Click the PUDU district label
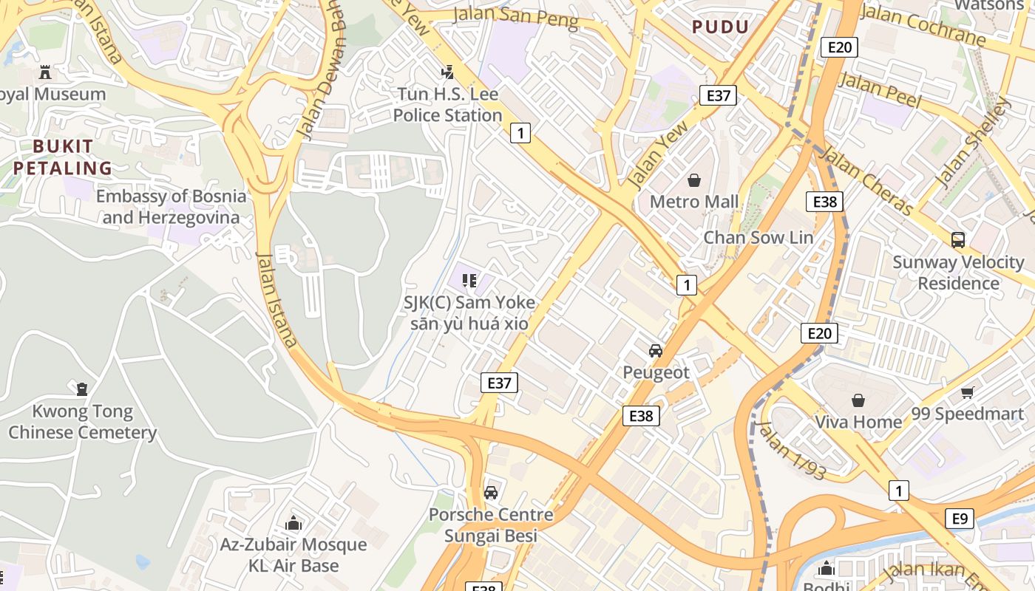pos(720,27)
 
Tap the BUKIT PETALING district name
pos(63,157)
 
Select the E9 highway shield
pos(959,519)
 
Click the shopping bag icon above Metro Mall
pos(694,180)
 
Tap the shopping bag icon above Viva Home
pos(858,400)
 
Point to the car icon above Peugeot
pos(655,351)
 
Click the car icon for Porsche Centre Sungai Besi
pos(491,493)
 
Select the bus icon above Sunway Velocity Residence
pos(958,240)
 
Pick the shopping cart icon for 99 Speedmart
pos(967,392)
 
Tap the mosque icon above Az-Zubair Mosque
pos(293,524)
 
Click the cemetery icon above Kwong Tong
pos(82,389)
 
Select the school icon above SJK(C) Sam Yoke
pos(469,281)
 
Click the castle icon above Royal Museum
pos(45,72)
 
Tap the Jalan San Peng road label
pos(515,17)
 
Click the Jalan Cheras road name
pos(866,181)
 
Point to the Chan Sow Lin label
pos(758,238)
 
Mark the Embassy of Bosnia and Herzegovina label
pos(171,207)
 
